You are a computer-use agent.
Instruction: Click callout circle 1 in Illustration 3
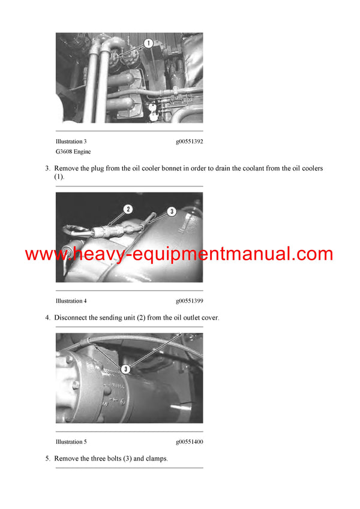click(148, 43)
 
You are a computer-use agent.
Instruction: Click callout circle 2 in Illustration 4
click(128, 209)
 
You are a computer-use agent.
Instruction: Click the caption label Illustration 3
click(71, 141)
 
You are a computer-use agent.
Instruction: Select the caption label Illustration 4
click(71, 301)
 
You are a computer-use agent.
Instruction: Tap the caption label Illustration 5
click(71, 442)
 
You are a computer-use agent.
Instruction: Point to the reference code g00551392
click(189, 141)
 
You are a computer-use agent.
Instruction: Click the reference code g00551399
click(189, 301)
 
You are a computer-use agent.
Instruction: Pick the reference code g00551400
click(189, 442)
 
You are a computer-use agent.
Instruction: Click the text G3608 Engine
click(74, 152)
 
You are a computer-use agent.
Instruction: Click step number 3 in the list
click(47, 168)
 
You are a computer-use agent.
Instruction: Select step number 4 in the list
click(47, 317)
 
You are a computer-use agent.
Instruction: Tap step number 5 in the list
click(47, 459)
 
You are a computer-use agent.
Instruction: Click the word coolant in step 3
click(249, 168)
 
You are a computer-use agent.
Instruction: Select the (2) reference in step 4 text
click(140, 317)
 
